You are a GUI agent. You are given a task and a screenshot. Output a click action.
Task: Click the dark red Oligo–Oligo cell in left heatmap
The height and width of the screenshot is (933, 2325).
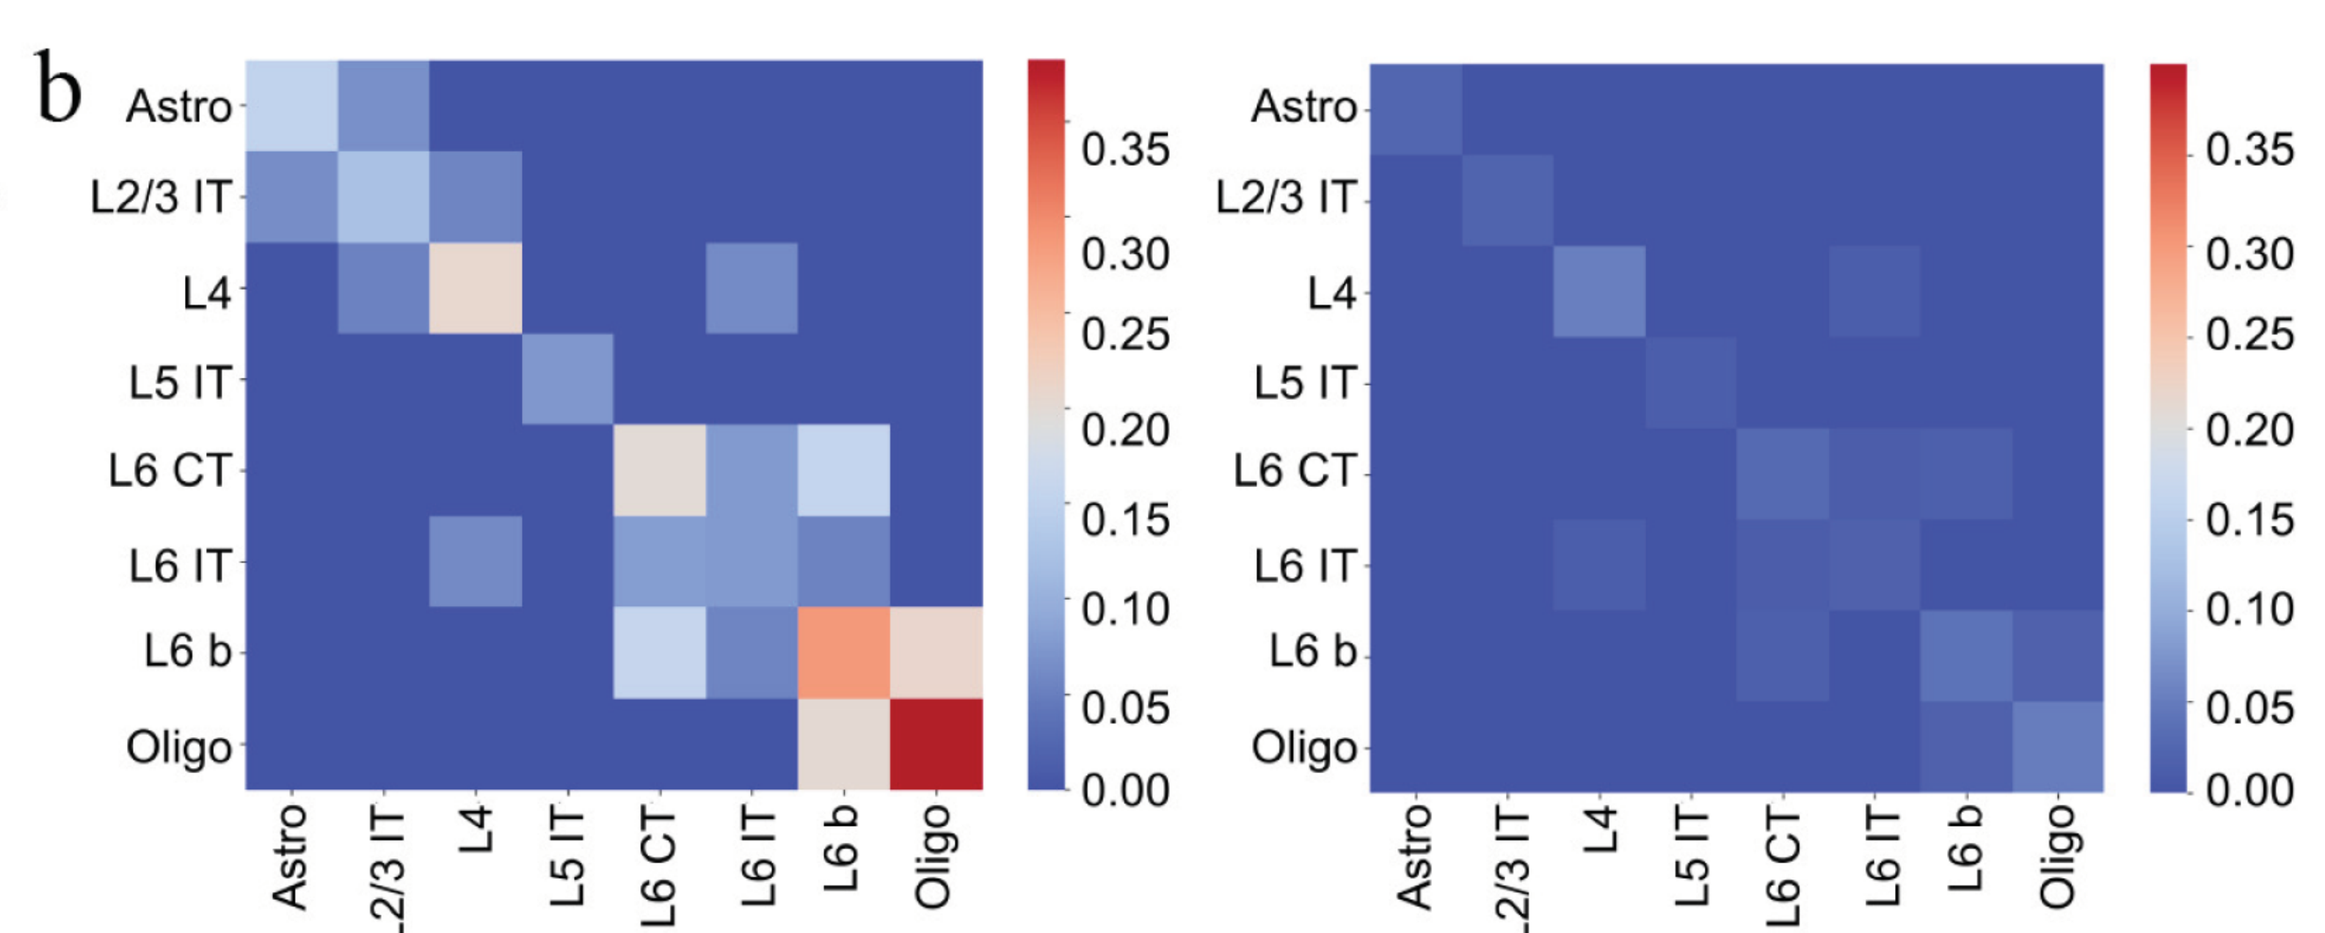click(x=936, y=744)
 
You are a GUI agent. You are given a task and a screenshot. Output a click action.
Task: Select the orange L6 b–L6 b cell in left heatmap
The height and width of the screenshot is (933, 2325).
click(x=844, y=652)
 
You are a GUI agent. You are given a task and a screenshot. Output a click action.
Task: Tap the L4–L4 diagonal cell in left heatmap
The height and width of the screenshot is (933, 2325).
click(x=476, y=288)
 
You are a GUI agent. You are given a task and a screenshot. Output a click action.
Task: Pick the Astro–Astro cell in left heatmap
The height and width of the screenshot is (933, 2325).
click(x=291, y=106)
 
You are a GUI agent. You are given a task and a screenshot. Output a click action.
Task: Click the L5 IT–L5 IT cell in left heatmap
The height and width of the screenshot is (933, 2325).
click(x=568, y=379)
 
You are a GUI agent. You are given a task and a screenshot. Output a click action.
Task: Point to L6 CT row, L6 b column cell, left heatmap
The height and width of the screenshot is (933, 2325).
click(x=844, y=470)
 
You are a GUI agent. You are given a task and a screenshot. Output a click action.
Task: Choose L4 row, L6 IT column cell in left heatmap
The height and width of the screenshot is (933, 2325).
click(x=752, y=288)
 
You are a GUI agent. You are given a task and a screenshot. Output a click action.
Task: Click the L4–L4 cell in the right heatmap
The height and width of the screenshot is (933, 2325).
click(x=1598, y=291)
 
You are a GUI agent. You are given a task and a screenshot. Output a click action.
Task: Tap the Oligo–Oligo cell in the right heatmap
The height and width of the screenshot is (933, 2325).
click(x=2057, y=746)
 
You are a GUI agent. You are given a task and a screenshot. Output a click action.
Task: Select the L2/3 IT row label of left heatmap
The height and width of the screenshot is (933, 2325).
click(x=161, y=197)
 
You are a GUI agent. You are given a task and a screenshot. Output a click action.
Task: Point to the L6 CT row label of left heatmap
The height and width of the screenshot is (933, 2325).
click(x=170, y=470)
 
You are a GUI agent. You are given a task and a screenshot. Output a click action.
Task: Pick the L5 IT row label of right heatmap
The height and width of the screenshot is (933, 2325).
click(x=1305, y=383)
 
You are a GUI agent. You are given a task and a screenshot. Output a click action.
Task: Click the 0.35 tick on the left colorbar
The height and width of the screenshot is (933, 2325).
click(x=1124, y=150)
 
